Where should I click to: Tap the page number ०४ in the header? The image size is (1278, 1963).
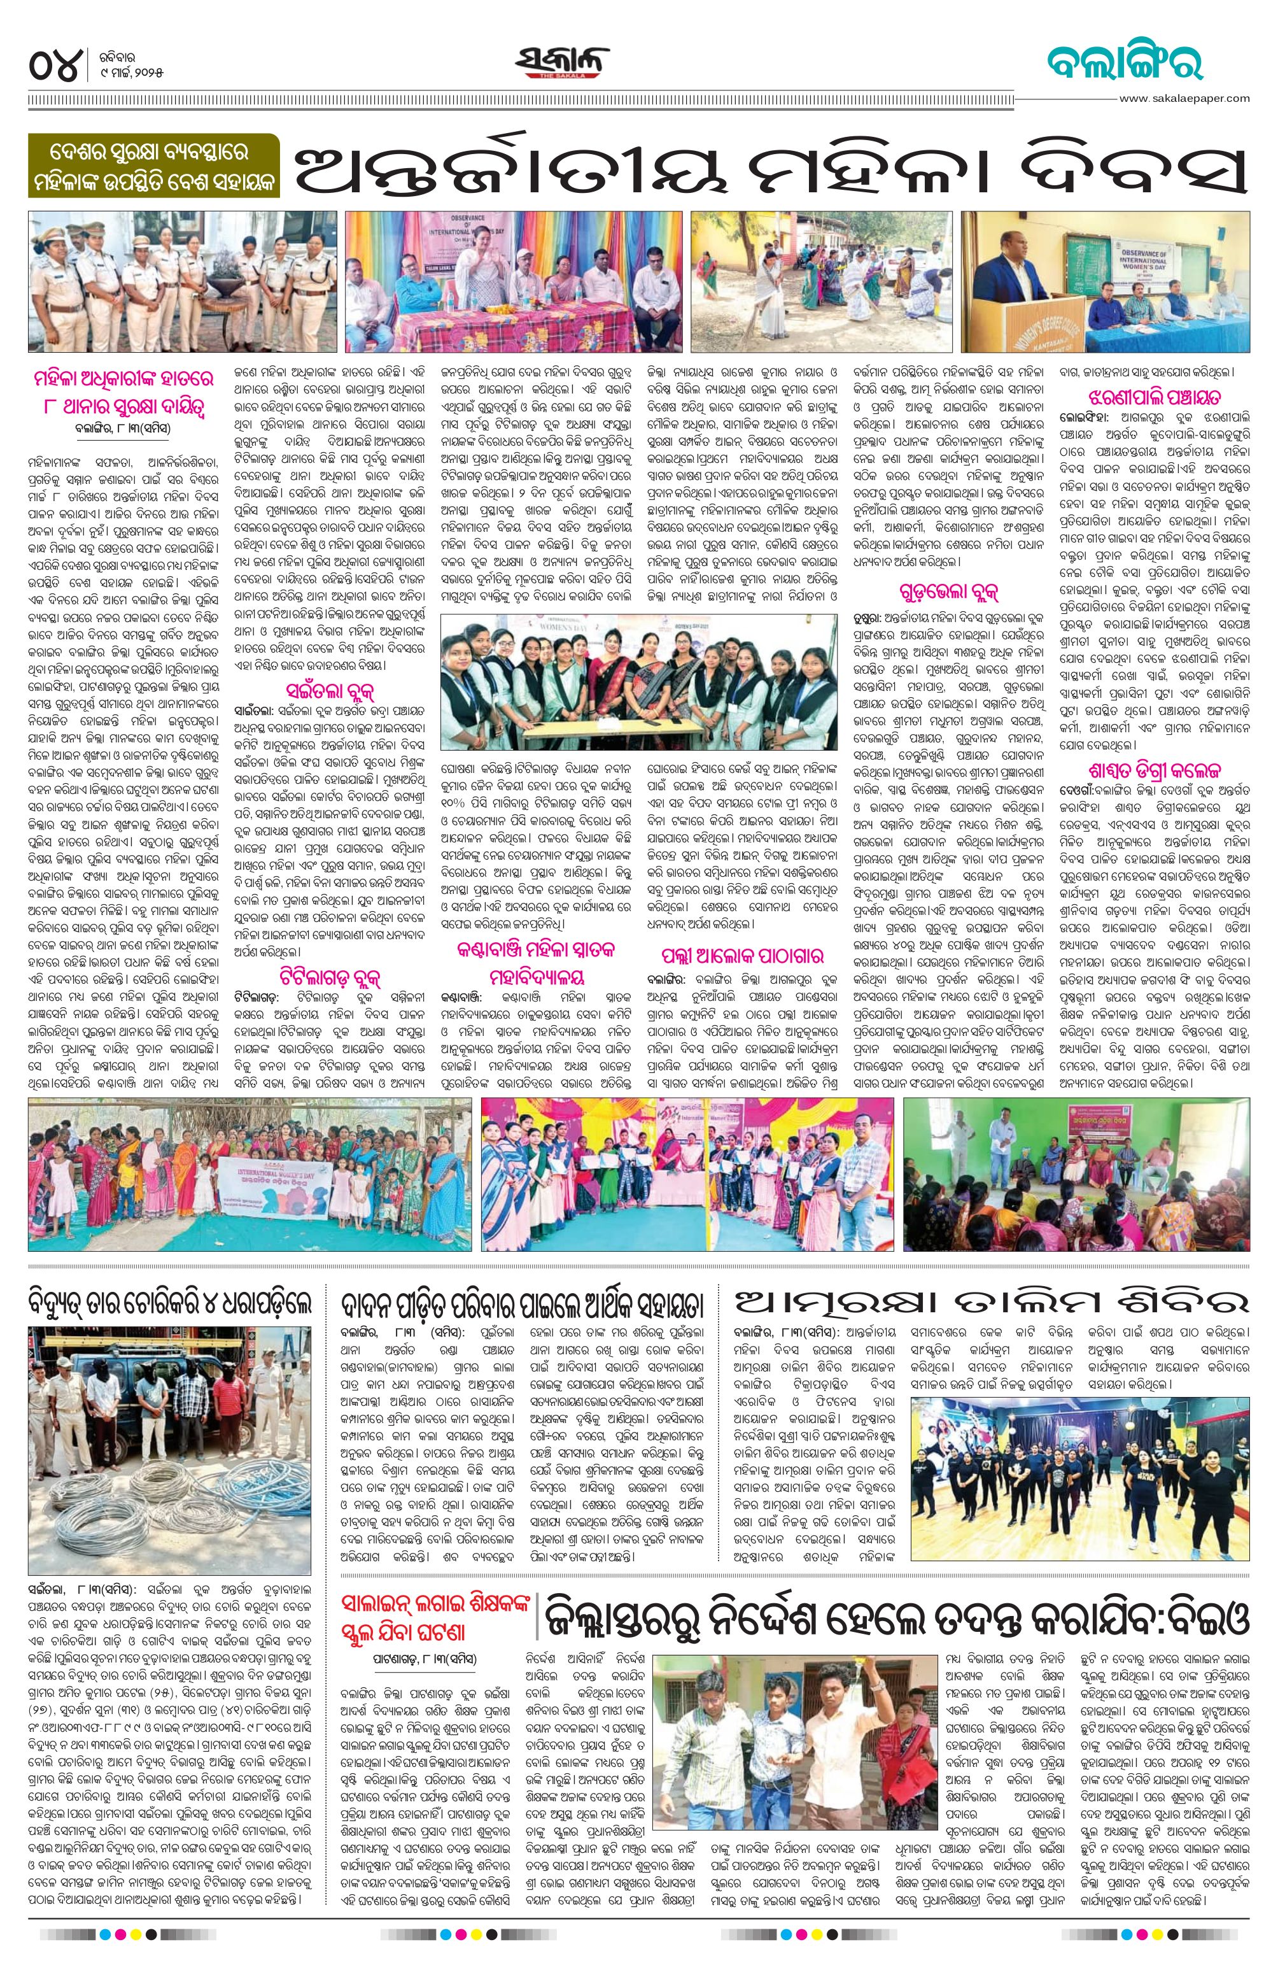(x=56, y=64)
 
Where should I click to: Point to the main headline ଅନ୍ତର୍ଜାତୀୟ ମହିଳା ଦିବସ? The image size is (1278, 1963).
(x=769, y=167)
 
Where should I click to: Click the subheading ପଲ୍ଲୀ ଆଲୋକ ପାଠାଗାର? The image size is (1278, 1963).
(x=742, y=957)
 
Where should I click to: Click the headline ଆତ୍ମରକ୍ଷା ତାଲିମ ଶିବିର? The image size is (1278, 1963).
(x=993, y=1304)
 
